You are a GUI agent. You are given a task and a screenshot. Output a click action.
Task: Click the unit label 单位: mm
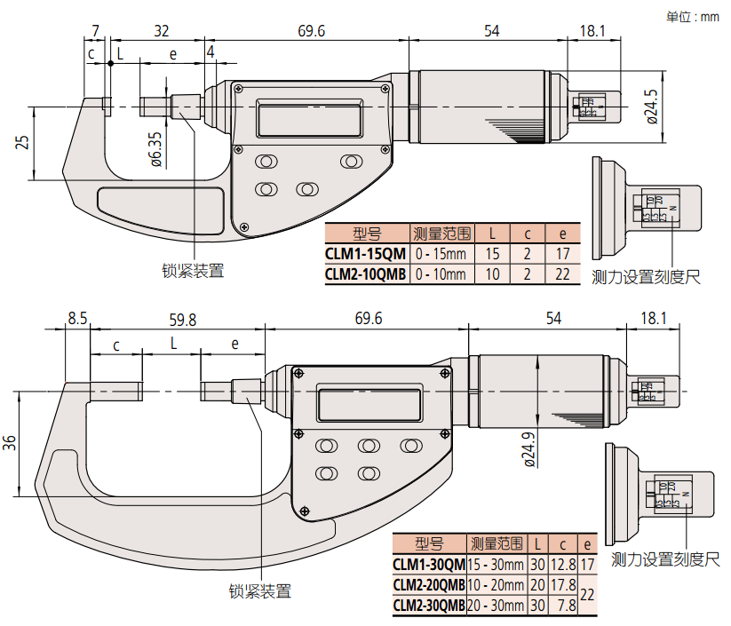(x=693, y=15)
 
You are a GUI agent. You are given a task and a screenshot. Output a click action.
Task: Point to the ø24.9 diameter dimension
(x=529, y=448)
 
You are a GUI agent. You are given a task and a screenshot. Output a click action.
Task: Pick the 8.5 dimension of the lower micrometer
(x=77, y=319)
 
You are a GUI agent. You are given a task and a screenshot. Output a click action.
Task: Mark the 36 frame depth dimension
(x=9, y=441)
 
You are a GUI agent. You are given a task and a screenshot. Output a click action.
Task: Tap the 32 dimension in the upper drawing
(x=161, y=31)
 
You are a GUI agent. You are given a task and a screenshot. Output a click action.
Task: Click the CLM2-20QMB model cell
(x=429, y=585)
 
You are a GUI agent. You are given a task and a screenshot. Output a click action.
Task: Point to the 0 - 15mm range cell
(x=440, y=254)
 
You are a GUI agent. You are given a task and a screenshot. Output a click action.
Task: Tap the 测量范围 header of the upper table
(x=440, y=234)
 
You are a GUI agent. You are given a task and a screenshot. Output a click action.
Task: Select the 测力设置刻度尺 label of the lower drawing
(x=665, y=559)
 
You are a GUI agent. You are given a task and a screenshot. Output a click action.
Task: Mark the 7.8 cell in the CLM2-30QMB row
(x=565, y=606)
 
